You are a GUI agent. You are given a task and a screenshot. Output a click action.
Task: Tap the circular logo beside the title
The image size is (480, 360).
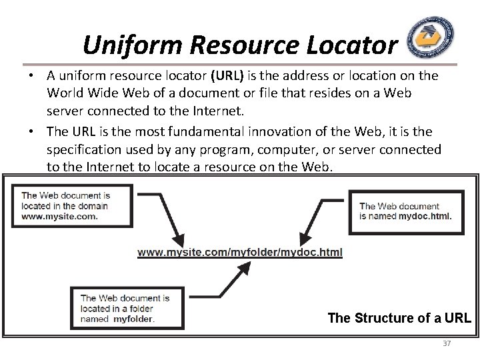click(x=431, y=39)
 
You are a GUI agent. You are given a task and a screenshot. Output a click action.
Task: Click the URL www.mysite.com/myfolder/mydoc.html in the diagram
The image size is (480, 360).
click(x=240, y=253)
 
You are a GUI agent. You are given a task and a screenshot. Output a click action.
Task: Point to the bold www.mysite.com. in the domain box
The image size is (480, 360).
click(x=60, y=216)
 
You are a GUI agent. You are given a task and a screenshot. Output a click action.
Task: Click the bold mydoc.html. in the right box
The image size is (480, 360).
click(x=424, y=216)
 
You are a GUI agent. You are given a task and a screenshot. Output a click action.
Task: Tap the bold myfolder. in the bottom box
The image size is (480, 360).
click(x=134, y=319)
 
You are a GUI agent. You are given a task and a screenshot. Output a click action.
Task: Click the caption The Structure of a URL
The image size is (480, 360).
click(x=399, y=318)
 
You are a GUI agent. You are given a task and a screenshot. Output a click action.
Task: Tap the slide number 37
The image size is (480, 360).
click(x=446, y=343)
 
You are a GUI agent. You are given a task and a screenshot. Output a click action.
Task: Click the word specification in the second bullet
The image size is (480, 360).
click(x=84, y=150)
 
